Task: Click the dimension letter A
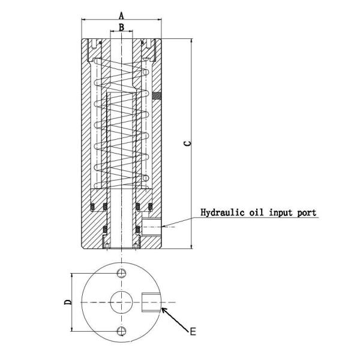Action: (122, 14)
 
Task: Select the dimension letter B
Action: (121, 27)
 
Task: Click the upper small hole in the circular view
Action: (122, 274)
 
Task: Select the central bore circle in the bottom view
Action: (122, 301)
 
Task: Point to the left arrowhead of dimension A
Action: (84, 20)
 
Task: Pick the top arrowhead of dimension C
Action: (191, 41)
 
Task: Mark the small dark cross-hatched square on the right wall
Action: (157, 95)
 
